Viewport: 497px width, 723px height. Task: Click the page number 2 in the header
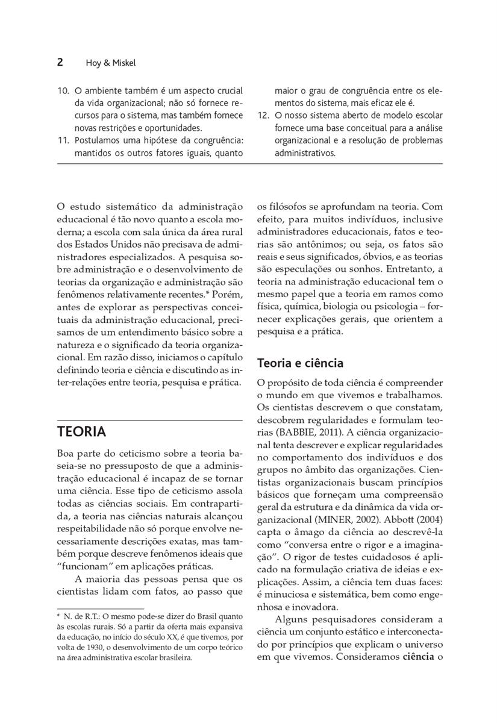[x=60, y=63]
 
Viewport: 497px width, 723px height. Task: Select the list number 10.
[x=63, y=91]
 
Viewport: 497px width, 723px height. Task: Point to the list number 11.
[x=63, y=140]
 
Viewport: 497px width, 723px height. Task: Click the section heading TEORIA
[x=81, y=432]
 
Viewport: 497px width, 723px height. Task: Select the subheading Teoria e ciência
[x=300, y=363]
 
